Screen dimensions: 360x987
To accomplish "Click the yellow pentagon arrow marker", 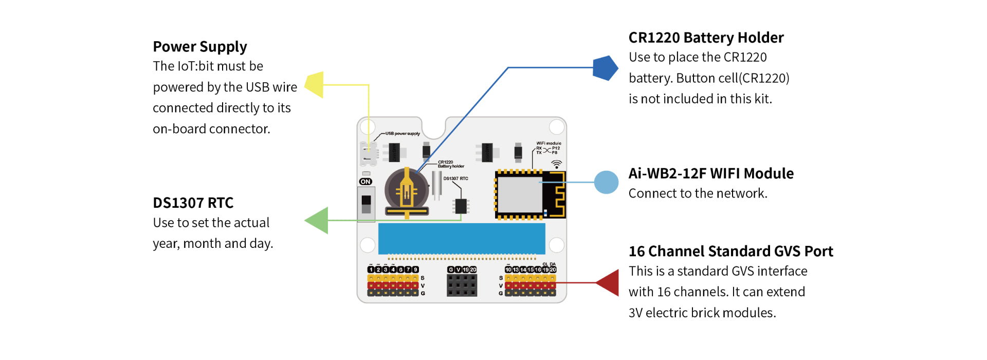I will point(315,85).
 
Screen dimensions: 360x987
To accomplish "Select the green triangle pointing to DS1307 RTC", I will point(318,221).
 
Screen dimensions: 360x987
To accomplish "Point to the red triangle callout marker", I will point(609,282).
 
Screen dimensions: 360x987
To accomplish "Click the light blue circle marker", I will point(606,182).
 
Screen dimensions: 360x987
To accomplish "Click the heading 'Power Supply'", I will point(200,47).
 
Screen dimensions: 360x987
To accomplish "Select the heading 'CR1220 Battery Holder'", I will point(706,38).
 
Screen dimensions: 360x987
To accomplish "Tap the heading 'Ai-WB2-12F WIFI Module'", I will point(711,173).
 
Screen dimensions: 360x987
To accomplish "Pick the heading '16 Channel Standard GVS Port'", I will point(730,251).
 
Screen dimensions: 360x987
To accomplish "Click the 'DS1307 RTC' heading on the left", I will point(193,203).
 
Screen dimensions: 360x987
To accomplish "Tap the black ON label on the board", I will point(365,182).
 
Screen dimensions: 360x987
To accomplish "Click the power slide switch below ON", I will point(366,204).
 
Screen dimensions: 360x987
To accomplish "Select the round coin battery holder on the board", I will point(407,192).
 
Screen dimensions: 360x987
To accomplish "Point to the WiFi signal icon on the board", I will point(556,164).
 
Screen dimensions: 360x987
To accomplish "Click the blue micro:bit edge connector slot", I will point(462,239).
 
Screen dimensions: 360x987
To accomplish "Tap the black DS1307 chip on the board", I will point(461,206).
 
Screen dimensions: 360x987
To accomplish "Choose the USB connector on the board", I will point(368,153).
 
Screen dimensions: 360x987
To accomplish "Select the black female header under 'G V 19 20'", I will point(462,285).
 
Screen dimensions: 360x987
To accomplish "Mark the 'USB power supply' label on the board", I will point(403,134).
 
